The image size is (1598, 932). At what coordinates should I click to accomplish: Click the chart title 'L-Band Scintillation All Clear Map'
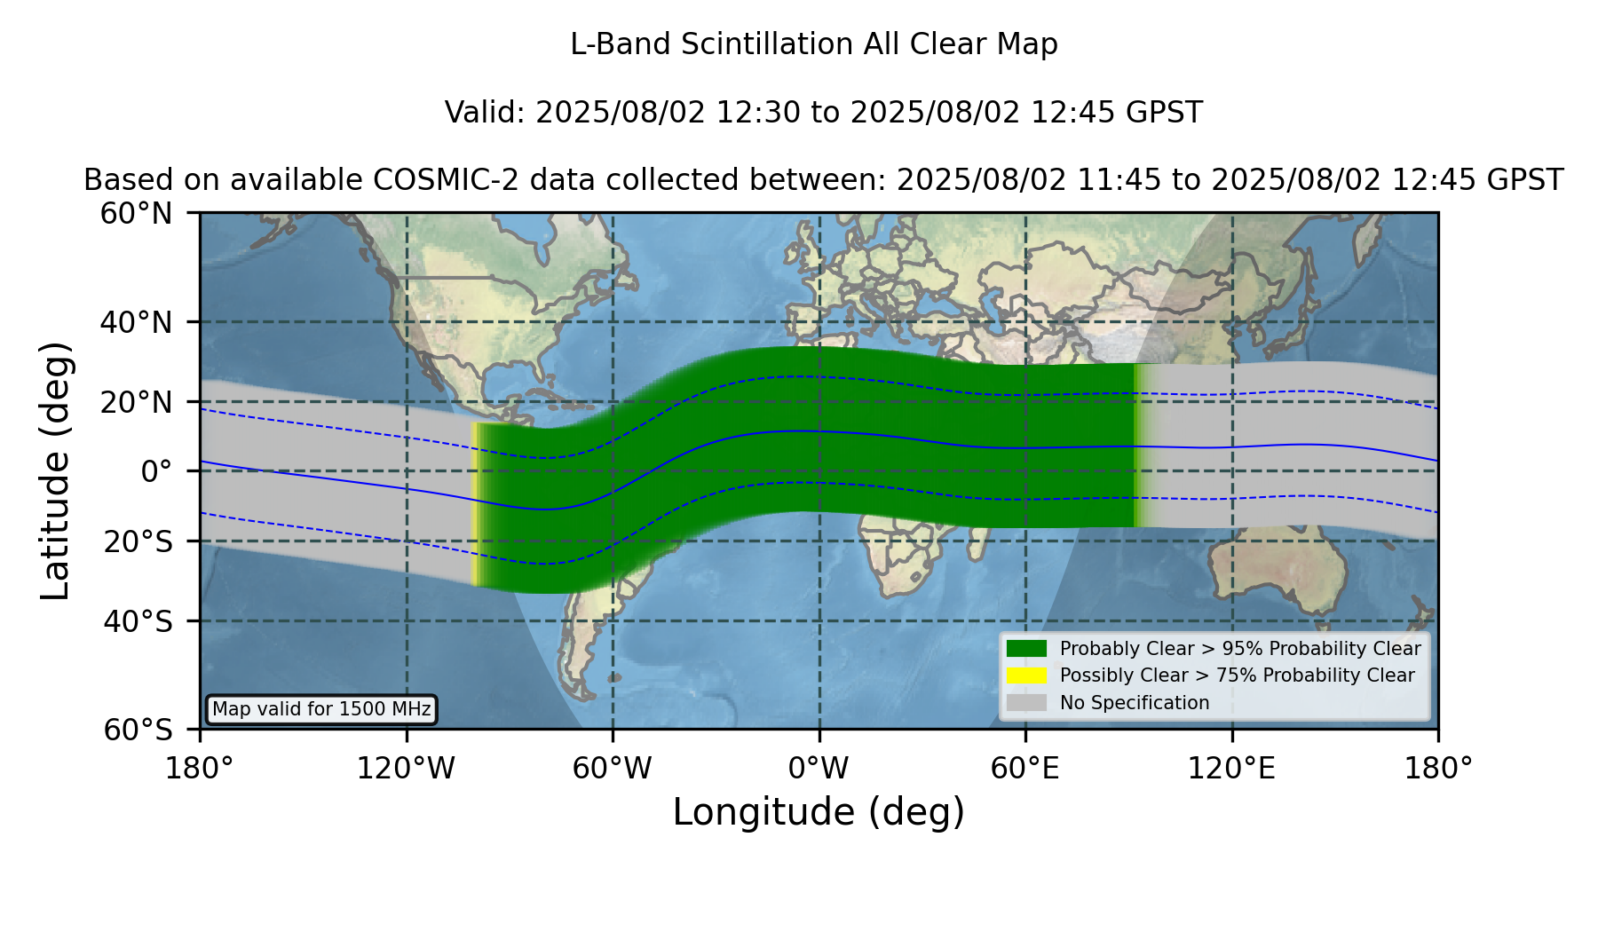(814, 44)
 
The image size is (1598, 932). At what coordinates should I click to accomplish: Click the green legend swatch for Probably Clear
(1026, 649)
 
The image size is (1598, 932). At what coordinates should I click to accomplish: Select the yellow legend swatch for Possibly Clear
(1026, 675)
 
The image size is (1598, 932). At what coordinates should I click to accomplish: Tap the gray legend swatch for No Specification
(1026, 703)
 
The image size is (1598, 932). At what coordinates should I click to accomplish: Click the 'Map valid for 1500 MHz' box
(321, 709)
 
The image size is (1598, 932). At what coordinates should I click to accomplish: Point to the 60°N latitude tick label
(136, 214)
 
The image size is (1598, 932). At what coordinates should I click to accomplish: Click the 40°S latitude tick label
(138, 621)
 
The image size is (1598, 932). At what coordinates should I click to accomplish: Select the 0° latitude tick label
(156, 471)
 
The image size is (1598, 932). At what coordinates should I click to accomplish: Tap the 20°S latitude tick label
(138, 541)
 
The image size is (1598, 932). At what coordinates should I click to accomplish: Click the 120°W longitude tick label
(406, 768)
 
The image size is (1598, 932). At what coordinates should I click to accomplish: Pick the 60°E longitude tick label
(1025, 768)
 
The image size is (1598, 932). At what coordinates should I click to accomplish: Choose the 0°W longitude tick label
(819, 768)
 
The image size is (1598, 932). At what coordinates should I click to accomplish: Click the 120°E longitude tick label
(1231, 768)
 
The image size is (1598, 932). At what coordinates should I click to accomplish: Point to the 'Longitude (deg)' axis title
(819, 812)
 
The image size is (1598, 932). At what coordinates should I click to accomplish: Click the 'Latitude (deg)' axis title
(55, 470)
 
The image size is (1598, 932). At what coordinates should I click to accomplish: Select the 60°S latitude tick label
(138, 730)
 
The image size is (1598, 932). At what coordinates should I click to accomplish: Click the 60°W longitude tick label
(613, 768)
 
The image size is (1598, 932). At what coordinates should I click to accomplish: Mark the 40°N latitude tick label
(136, 322)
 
